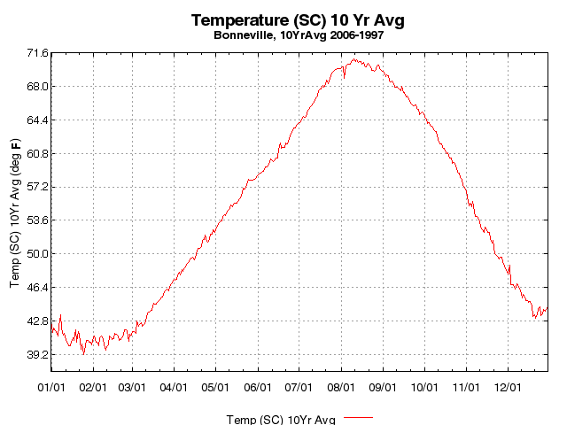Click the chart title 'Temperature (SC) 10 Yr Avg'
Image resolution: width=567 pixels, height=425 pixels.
[303, 20]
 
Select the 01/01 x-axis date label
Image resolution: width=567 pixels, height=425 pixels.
[51, 387]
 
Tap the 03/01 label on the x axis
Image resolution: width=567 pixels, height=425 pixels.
[133, 387]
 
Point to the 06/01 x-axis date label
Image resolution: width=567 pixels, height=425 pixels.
[258, 387]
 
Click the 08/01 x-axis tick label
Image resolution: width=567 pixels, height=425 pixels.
[341, 387]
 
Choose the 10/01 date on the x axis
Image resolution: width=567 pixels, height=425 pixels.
[424, 387]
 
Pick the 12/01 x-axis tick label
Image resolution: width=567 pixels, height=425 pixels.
[508, 387]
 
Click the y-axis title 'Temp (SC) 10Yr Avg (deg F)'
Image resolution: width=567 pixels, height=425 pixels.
[15, 212]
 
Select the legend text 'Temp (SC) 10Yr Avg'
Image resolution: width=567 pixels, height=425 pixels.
[281, 419]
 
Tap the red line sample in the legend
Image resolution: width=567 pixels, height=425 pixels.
[358, 416]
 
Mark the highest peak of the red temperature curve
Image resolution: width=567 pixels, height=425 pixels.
[353, 59]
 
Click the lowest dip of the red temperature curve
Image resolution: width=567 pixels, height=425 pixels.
[84, 354]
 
